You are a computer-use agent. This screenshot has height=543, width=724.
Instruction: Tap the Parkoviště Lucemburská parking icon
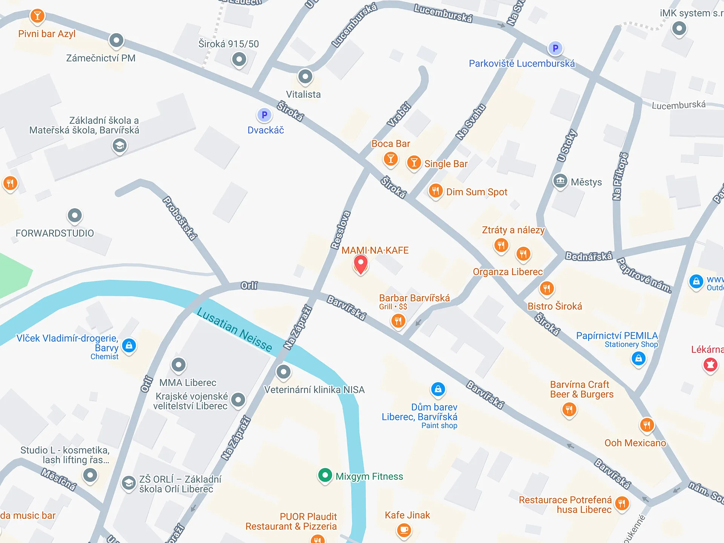[555, 48]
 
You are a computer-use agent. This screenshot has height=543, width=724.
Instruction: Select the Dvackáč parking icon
[264, 115]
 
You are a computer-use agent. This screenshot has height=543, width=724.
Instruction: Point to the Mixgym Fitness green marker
[325, 476]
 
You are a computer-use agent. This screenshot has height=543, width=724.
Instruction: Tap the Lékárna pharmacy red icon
[710, 365]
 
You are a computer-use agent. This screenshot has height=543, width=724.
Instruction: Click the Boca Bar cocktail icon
[391, 159]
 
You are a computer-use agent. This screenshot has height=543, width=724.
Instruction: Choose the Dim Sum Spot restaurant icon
[436, 191]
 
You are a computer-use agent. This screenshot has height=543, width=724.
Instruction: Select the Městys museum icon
[560, 181]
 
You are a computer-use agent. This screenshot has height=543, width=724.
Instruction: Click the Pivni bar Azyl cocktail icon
[37, 16]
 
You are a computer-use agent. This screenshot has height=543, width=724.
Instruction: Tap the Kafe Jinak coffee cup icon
[404, 530]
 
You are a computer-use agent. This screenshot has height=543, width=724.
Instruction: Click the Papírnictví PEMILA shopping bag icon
[638, 358]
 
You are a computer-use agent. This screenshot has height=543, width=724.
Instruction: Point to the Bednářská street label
[589, 256]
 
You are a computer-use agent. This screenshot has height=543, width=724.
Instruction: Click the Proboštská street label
[179, 218]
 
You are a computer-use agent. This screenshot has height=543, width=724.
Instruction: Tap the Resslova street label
[341, 230]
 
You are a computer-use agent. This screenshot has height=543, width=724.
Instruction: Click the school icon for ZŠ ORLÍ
[129, 483]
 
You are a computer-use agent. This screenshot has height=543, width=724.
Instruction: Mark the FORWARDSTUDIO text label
[55, 233]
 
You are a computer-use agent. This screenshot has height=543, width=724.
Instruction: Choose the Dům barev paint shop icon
[438, 389]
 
